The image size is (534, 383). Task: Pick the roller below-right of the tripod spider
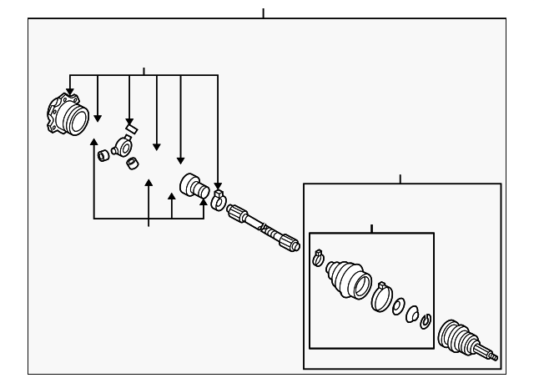point(132,163)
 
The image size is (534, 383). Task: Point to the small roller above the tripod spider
point(130,129)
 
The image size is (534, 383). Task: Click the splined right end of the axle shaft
point(290,244)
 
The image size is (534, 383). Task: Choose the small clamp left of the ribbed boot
point(318,258)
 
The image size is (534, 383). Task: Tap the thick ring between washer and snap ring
point(411,313)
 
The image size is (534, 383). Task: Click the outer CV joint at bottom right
point(460,338)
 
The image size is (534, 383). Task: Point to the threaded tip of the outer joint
point(493,357)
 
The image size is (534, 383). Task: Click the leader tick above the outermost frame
point(263,13)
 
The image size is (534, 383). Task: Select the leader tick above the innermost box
point(371,228)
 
